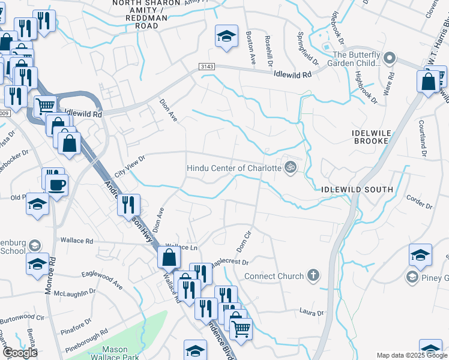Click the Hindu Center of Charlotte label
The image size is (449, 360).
[234, 168]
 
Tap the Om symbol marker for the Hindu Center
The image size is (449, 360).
[291, 167]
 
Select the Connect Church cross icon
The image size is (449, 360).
[312, 276]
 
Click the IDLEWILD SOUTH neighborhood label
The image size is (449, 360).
[357, 190]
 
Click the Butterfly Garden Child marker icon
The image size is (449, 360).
[390, 58]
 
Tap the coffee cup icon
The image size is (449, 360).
[57, 184]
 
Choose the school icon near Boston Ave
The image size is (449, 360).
[226, 37]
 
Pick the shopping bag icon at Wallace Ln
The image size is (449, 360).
[169, 257]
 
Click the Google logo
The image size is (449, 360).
[20, 353]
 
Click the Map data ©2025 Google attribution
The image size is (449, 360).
[412, 355]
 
